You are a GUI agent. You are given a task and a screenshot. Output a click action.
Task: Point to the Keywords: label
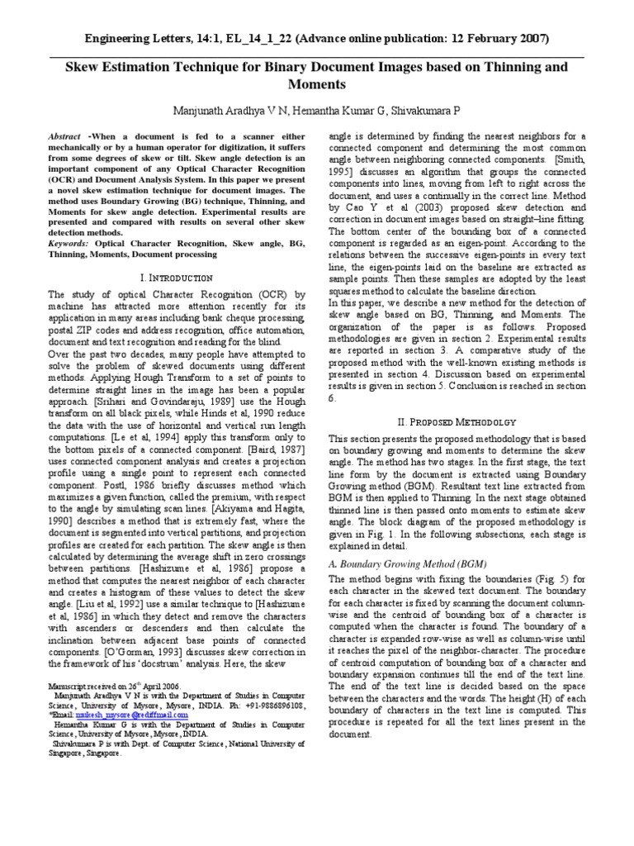pyautogui.click(x=73, y=244)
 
